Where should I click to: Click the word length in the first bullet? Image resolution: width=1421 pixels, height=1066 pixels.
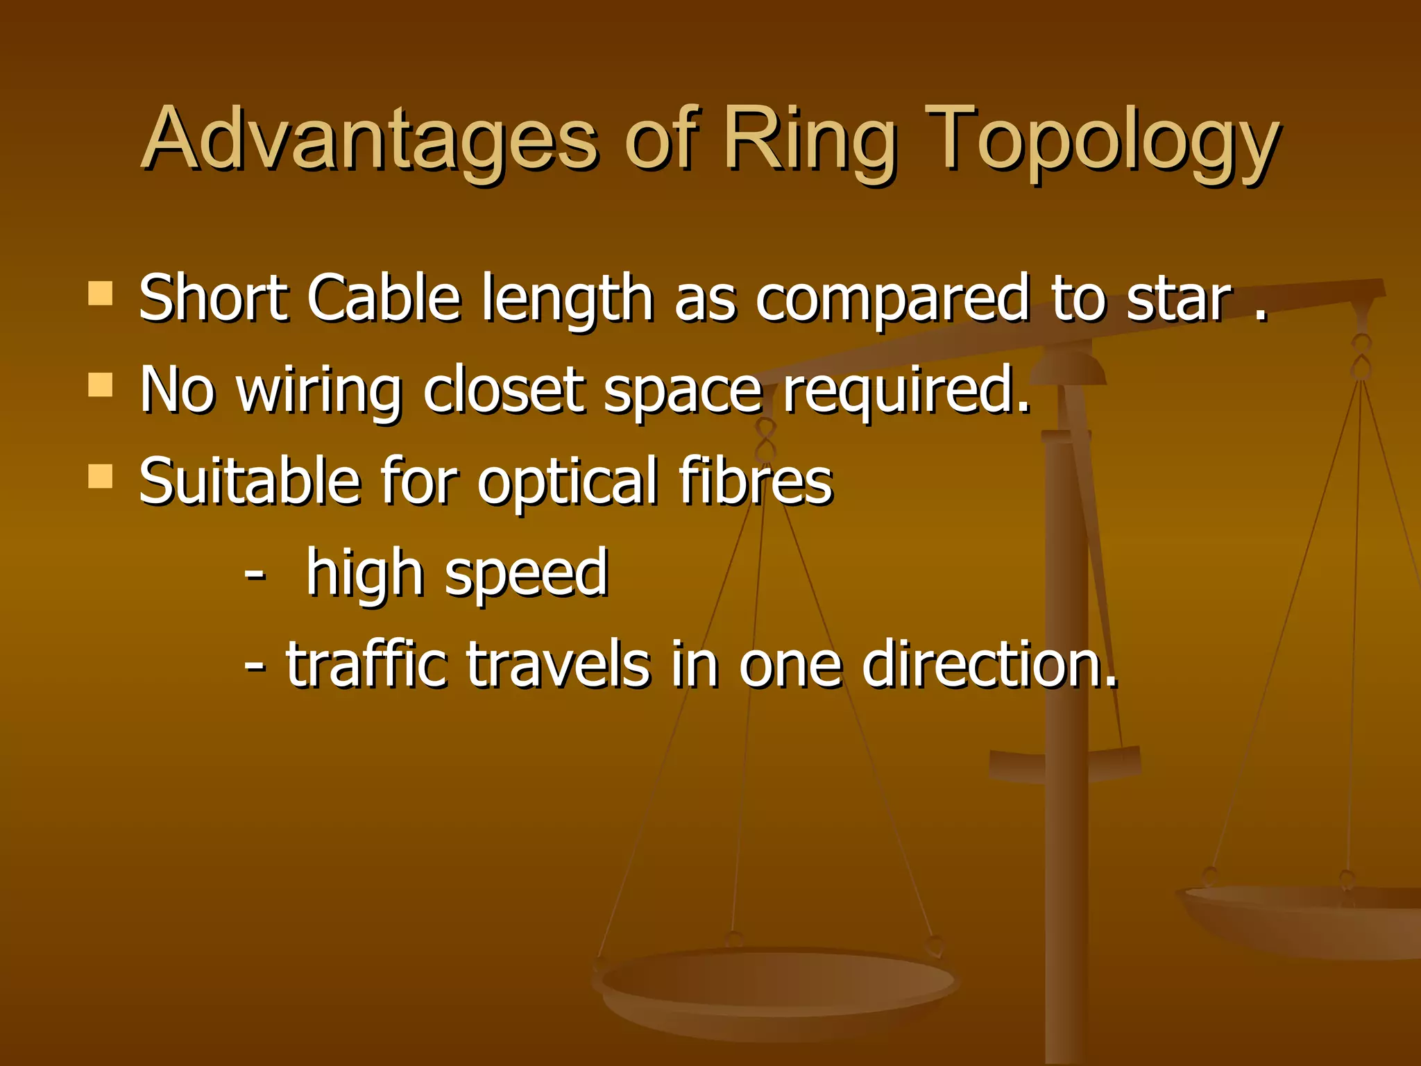coord(568,300)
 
